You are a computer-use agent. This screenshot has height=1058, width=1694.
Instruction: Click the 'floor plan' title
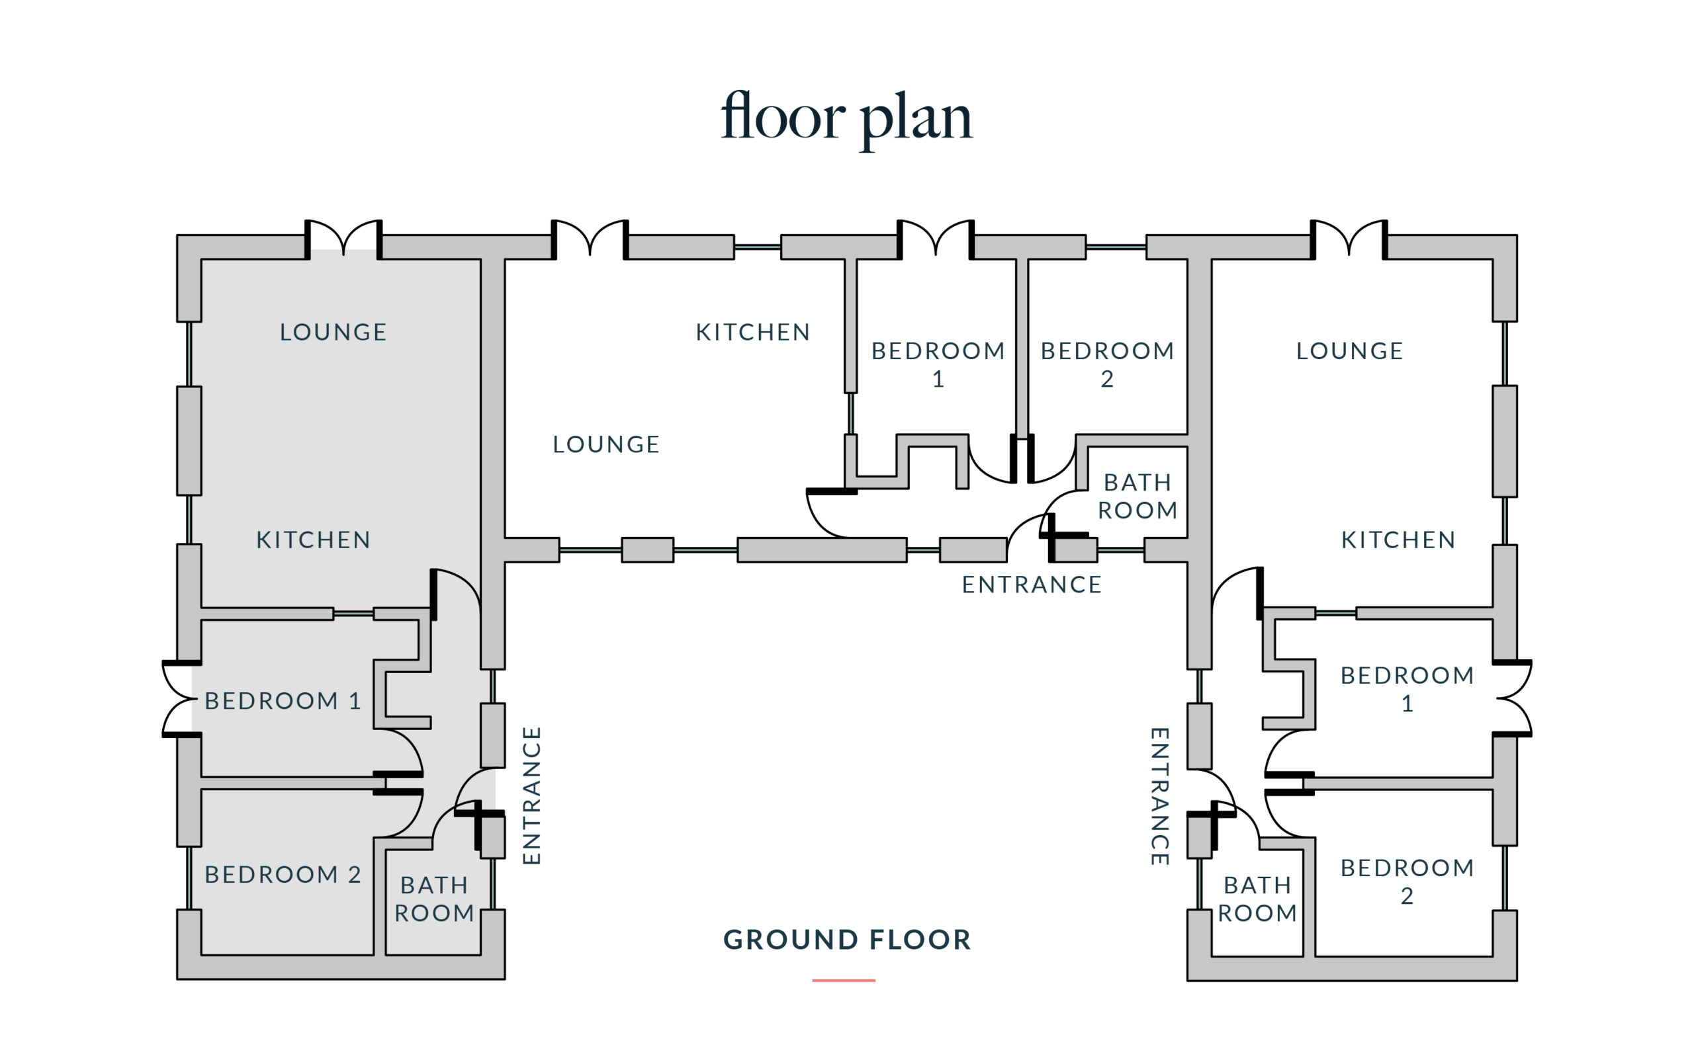pyautogui.click(x=846, y=117)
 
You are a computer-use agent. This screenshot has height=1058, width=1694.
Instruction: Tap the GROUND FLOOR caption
pyautogui.click(x=847, y=940)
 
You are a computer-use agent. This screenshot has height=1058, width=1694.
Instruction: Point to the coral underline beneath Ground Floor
pyautogui.click(x=844, y=981)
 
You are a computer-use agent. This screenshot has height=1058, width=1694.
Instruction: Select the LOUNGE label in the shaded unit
pyautogui.click(x=334, y=332)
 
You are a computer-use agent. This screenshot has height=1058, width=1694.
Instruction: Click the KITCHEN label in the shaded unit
pyautogui.click(x=313, y=540)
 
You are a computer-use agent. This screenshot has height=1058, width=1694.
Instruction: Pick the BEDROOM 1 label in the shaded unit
pyautogui.click(x=283, y=700)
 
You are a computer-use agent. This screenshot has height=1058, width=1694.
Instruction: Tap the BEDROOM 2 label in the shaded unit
pyautogui.click(x=283, y=874)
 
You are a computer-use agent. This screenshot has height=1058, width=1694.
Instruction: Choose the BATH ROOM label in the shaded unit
pyautogui.click(x=434, y=899)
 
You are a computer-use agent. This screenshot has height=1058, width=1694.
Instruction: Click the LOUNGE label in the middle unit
pyautogui.click(x=606, y=444)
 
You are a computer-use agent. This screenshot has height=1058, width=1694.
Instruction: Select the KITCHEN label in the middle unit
pyautogui.click(x=752, y=332)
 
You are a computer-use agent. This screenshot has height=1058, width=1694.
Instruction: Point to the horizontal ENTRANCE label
pyautogui.click(x=1032, y=585)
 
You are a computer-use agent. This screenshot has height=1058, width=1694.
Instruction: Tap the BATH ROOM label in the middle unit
pyautogui.click(x=1137, y=496)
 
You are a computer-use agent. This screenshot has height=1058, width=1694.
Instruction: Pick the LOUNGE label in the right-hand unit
pyautogui.click(x=1350, y=350)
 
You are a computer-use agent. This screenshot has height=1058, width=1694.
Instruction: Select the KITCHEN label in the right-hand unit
pyautogui.click(x=1398, y=540)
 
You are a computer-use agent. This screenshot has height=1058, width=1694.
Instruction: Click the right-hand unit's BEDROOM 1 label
pyautogui.click(x=1407, y=689)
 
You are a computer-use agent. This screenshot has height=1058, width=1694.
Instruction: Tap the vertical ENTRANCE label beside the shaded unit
pyautogui.click(x=532, y=795)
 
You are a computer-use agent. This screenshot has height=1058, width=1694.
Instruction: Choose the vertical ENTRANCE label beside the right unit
pyautogui.click(x=1160, y=796)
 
